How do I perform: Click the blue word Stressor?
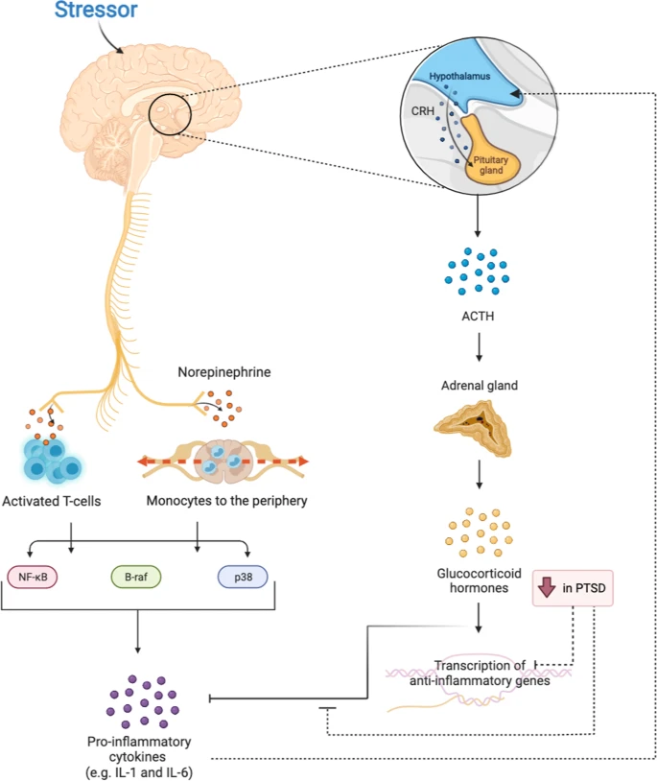(x=96, y=10)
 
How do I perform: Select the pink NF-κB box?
(x=33, y=577)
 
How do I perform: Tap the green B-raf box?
(x=136, y=577)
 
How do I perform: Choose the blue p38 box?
(x=243, y=577)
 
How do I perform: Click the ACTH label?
(x=478, y=316)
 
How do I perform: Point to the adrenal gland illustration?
(x=472, y=429)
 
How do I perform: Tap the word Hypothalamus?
(x=459, y=76)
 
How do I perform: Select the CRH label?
(x=423, y=110)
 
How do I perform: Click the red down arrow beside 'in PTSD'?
(x=547, y=587)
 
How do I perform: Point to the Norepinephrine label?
(x=224, y=372)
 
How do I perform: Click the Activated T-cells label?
(x=51, y=501)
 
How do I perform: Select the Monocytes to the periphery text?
(x=226, y=501)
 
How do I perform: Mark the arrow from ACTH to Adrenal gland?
(x=479, y=346)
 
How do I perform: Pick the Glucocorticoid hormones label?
(x=479, y=580)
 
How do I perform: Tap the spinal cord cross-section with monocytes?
(x=223, y=461)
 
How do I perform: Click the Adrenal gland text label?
(x=480, y=386)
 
